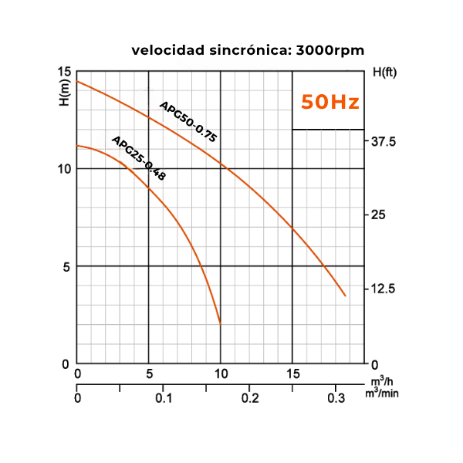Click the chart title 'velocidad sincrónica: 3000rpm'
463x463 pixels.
tap(248, 51)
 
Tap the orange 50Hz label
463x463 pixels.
tap(330, 102)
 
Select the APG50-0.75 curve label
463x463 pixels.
tap(188, 121)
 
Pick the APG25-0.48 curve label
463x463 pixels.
tap(139, 158)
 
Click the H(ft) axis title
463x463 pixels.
tap(384, 73)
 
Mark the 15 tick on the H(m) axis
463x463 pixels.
tap(64, 72)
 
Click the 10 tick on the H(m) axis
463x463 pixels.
tap(64, 169)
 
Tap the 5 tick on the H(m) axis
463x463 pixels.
tap(66, 266)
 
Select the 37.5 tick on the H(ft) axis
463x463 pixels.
tap(384, 142)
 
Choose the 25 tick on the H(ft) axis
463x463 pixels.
tap(378, 215)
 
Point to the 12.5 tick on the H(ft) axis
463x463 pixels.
tap(384, 289)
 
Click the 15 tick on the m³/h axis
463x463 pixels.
tap(292, 374)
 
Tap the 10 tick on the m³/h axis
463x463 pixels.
tap(221, 374)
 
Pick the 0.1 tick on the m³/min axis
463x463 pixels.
tap(163, 398)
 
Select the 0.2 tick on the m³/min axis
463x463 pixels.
tap(249, 398)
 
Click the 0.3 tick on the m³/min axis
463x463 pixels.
tap(335, 398)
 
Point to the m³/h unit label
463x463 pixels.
tap(378, 382)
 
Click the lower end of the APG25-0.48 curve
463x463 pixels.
tap(221, 323)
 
